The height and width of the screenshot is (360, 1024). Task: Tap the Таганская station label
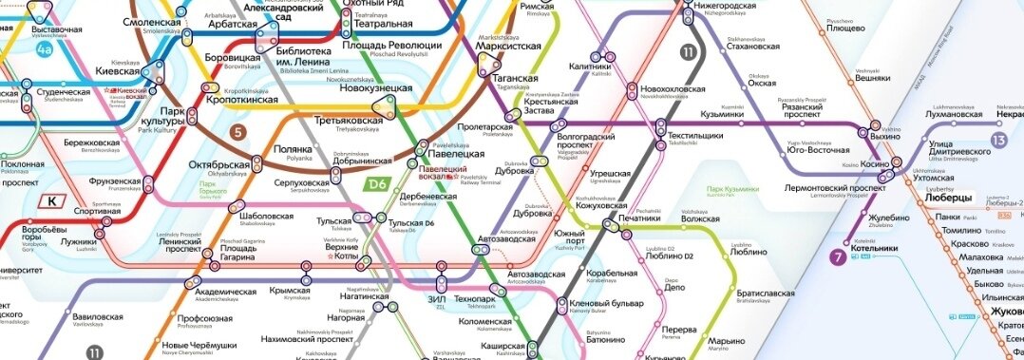click(x=517, y=79)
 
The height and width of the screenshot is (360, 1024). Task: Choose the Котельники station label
click(x=876, y=248)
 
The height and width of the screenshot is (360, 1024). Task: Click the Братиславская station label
click(x=764, y=294)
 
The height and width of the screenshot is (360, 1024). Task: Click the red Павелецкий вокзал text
click(x=437, y=172)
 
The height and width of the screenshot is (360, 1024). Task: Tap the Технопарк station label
click(x=475, y=299)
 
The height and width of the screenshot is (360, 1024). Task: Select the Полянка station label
click(x=293, y=149)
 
